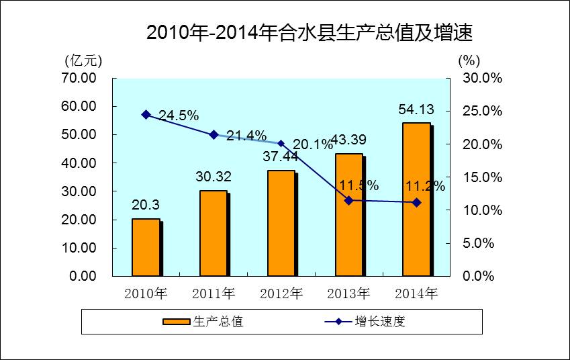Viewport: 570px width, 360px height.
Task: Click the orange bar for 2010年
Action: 146,247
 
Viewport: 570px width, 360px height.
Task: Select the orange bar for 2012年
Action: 281,223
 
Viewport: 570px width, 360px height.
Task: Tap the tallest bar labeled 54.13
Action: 416,199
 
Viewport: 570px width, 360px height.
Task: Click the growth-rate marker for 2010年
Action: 146,115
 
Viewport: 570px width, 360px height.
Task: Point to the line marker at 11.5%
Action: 348,200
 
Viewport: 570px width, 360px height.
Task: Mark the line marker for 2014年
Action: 416,202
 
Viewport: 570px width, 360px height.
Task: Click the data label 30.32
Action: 213,177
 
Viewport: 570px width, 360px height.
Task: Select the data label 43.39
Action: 348,140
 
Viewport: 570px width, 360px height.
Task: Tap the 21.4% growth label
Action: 246,136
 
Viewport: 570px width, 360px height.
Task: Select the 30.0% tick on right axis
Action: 483,78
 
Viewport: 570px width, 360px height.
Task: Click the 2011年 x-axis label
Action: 213,294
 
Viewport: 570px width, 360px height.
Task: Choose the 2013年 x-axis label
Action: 348,294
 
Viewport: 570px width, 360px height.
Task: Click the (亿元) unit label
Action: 83,60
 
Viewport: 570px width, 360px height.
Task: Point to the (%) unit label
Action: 469,60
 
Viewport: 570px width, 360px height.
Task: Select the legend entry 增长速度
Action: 380,322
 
